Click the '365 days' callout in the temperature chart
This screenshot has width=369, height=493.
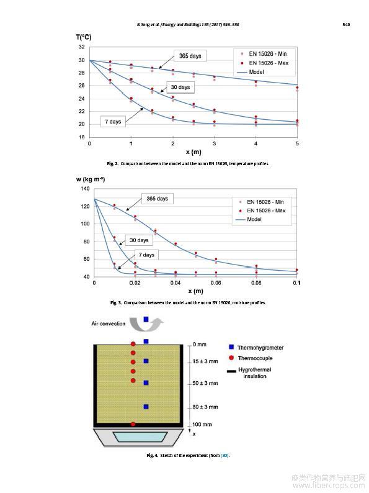(190, 56)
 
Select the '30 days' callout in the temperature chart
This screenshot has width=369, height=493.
(180, 87)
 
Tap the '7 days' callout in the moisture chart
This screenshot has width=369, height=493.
(146, 255)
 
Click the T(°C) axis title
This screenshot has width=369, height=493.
(84, 37)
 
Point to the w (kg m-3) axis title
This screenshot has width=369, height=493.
(91, 179)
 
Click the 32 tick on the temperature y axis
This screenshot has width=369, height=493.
(81, 47)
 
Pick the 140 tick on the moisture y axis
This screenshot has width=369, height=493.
(85, 189)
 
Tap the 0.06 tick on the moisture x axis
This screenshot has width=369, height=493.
(216, 283)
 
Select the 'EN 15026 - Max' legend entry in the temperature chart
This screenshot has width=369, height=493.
(264, 63)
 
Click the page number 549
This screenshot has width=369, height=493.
(346, 24)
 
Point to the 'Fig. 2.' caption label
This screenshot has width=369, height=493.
(112, 163)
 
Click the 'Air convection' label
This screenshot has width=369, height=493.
(109, 323)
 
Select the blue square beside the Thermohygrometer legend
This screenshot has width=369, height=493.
(231, 347)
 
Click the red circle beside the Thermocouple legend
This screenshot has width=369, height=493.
(231, 358)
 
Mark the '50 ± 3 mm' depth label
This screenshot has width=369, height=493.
(205, 383)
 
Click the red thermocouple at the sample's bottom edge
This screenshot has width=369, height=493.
(133, 424)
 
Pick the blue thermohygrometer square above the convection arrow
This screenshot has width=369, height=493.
(146, 319)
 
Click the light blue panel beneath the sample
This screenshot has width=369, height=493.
(140, 436)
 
